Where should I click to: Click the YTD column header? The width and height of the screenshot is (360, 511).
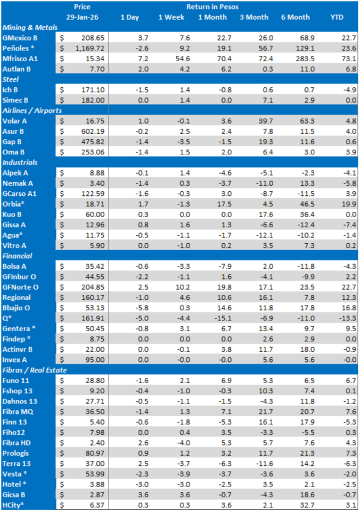pos(336,18)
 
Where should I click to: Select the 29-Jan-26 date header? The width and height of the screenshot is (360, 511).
pos(83,18)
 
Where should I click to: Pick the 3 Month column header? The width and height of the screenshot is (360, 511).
pos(253,18)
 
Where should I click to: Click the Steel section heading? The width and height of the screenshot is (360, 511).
pos(12,79)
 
